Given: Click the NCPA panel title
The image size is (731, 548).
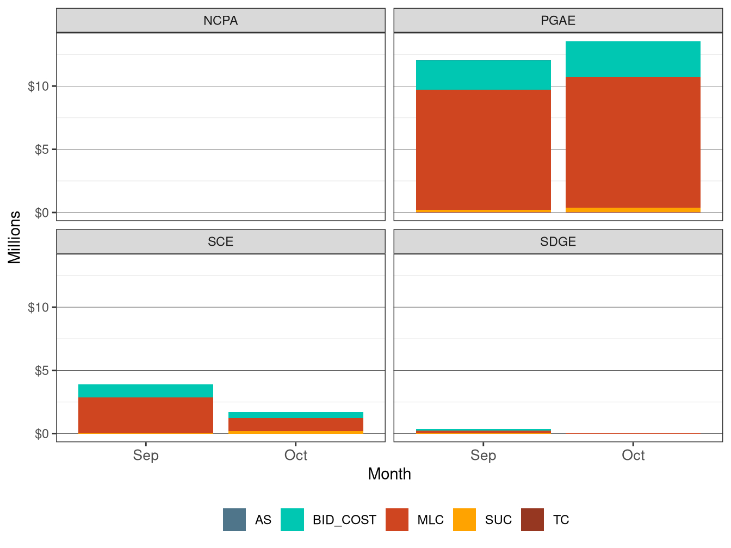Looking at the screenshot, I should point(220,21).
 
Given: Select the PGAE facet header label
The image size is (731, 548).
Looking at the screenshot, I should point(558,21).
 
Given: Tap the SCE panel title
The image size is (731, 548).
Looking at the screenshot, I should point(220,242).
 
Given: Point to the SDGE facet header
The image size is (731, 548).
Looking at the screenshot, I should point(558,242).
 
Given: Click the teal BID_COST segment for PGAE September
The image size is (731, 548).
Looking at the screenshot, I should point(483,75).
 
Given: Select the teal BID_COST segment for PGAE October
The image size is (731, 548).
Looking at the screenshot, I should point(633,59).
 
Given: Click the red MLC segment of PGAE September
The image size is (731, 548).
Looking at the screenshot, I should point(483,150).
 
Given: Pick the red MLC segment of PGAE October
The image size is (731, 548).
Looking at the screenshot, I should point(633,142).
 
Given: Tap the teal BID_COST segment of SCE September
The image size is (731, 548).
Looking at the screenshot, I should point(146,391).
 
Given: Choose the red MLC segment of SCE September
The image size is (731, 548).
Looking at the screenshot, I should point(146,415).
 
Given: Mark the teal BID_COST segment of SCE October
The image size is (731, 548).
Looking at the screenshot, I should point(296,415).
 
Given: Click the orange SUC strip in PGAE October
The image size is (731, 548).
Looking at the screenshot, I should point(633,210).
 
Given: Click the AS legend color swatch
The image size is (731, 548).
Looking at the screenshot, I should point(234,520).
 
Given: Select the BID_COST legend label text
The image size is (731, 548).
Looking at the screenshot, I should point(344,520).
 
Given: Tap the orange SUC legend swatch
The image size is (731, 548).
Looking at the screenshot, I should point(464,520).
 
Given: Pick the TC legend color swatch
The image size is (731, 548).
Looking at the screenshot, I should point(532,520).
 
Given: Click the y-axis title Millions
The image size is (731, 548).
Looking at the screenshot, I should point(15,237).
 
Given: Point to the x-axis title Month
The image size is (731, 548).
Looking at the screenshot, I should point(389,474).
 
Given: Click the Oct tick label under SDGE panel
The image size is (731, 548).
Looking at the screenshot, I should point(633,455).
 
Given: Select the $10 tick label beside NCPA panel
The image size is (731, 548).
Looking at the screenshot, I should point(38,86).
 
